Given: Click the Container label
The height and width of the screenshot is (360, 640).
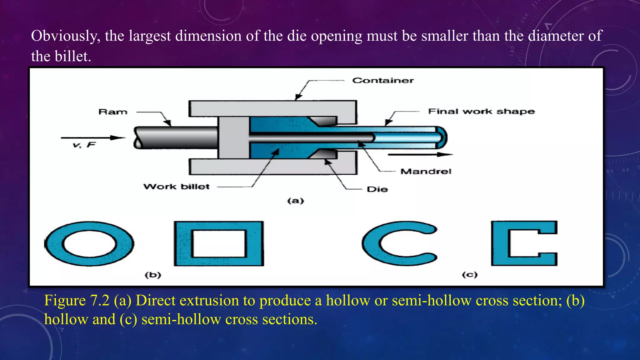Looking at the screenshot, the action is [383, 81].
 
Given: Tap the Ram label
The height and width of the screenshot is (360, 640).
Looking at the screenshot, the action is [113, 112].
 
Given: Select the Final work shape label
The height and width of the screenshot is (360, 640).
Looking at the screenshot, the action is [481, 112].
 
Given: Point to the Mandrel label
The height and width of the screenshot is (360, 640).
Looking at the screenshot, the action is [426, 171].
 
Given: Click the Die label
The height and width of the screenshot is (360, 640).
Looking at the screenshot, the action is [377, 189].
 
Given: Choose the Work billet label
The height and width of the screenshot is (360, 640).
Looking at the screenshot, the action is [176, 187].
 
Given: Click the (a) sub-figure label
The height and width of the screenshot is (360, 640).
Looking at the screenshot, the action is [295, 201].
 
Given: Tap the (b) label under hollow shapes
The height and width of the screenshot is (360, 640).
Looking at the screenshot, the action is [153, 275].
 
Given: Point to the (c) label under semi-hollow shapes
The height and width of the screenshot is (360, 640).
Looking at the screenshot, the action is [470, 275].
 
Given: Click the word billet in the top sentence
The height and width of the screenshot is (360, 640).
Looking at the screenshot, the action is [72, 57].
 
